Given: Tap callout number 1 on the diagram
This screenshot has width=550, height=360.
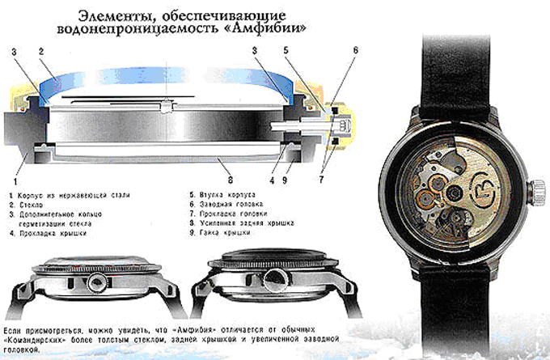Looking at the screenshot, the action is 15,181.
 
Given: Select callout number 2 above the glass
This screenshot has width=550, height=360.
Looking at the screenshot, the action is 41,52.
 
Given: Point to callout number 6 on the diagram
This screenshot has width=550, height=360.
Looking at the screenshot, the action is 356,50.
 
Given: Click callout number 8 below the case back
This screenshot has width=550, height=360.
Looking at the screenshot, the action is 230,180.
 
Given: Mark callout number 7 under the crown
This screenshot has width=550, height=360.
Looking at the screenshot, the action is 321,180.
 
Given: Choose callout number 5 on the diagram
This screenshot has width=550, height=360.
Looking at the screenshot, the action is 286,50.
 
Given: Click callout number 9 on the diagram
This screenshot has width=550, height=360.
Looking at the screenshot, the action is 285,180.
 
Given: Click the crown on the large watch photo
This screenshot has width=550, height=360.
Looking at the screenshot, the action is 537,191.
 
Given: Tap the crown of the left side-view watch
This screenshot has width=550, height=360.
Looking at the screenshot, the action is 95,282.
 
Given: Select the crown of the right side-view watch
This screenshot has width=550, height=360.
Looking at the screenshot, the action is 275,281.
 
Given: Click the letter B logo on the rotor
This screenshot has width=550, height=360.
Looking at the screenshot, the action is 484,192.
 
